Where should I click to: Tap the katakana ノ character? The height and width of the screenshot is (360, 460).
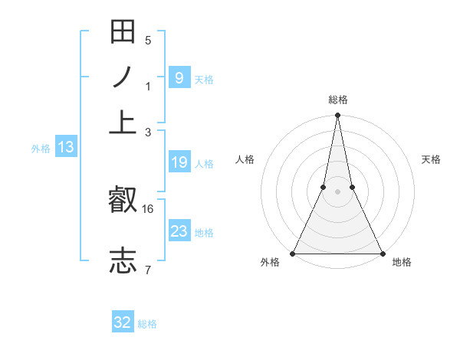click(123, 77)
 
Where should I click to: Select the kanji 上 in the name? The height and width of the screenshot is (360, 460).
click(123, 122)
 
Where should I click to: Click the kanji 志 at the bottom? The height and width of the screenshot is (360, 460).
click(123, 260)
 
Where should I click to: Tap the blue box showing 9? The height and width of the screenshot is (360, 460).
click(179, 77)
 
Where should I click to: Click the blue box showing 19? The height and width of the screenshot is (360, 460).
click(179, 162)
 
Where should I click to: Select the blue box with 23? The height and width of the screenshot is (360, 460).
click(179, 231)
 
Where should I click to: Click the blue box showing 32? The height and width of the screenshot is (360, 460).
click(123, 322)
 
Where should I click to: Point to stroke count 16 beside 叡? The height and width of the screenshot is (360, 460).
click(148, 208)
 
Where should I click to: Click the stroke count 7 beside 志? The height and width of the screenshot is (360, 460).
click(148, 270)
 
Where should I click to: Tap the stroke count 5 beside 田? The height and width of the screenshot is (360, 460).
click(148, 40)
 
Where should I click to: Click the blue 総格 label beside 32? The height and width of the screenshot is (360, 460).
click(148, 324)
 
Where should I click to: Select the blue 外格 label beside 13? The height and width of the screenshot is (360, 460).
click(41, 149)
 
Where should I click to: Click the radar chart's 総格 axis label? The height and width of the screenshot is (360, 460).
click(337, 100)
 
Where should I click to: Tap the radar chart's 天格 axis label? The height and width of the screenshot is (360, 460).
click(432, 159)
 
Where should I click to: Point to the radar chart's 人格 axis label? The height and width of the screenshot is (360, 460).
click(245, 159)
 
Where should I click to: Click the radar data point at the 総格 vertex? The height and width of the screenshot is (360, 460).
click(337, 116)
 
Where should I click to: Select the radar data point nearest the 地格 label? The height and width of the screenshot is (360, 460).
click(382, 254)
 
